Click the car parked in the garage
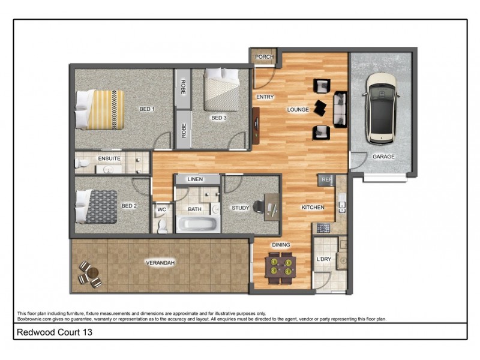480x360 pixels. pyautogui.click(x=383, y=109)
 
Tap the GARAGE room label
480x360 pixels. pyautogui.click(x=383, y=157)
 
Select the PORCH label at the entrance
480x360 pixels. pyautogui.click(x=264, y=57)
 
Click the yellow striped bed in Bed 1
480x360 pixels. pyautogui.click(x=100, y=109)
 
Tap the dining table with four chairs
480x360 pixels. pyautogui.click(x=281, y=268)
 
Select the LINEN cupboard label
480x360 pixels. pyautogui.click(x=195, y=179)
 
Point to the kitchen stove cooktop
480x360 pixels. pyautogui.click(x=323, y=228)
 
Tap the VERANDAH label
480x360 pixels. pyautogui.click(x=160, y=263)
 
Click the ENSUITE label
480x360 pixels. pyautogui.click(x=109, y=158)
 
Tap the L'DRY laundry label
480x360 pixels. pyautogui.click(x=324, y=260)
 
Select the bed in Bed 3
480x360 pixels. pyautogui.click(x=220, y=91)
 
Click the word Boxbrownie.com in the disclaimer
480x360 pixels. pyautogui.click(x=36, y=319)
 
